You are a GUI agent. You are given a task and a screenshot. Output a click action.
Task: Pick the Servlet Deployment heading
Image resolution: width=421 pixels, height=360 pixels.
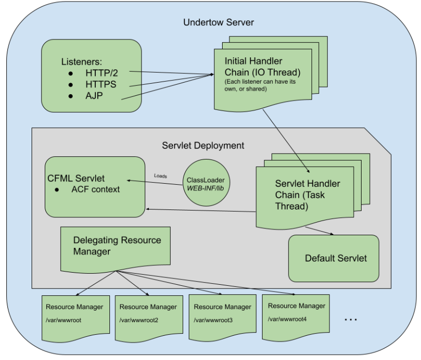click(203, 145)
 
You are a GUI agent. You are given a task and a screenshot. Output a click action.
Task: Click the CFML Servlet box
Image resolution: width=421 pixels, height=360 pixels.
click(95, 186)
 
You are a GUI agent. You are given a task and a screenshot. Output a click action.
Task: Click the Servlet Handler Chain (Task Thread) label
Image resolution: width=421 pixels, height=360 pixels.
click(307, 195)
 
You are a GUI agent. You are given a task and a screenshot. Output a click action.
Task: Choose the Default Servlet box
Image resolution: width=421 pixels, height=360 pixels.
click(335, 258)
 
